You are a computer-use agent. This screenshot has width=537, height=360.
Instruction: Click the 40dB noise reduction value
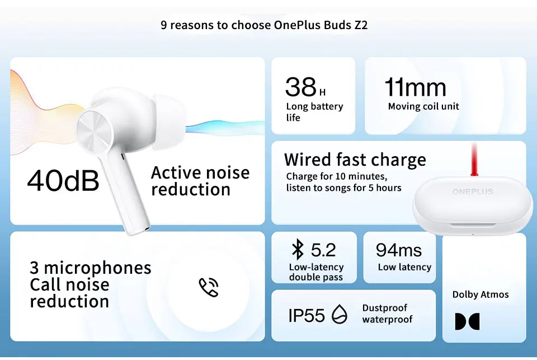tap(63, 180)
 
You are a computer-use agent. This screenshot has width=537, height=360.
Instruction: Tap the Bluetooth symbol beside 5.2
tap(298, 249)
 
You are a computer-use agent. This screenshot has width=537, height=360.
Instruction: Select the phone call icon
tap(208, 287)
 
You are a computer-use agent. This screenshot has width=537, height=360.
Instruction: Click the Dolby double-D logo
tap(467, 321)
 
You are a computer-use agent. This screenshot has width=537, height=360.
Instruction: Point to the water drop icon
tap(339, 315)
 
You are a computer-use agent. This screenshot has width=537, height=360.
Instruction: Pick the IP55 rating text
tap(307, 315)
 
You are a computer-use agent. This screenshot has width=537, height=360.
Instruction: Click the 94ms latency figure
tap(398, 250)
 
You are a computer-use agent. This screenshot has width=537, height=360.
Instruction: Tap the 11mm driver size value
tap(415, 88)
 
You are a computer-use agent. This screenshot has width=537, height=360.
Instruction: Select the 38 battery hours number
tap(301, 87)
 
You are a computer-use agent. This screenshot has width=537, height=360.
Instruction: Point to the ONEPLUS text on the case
tap(473, 191)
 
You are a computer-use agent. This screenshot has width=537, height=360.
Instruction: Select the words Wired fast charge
tap(355, 160)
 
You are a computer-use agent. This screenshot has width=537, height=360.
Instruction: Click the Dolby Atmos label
tap(481, 294)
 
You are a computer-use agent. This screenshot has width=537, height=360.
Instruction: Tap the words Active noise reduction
tap(200, 180)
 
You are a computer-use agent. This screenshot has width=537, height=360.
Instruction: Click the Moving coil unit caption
tap(423, 106)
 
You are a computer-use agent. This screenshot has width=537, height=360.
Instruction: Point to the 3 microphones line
tap(91, 267)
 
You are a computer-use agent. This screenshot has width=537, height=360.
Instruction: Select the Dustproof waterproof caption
tap(387, 314)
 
